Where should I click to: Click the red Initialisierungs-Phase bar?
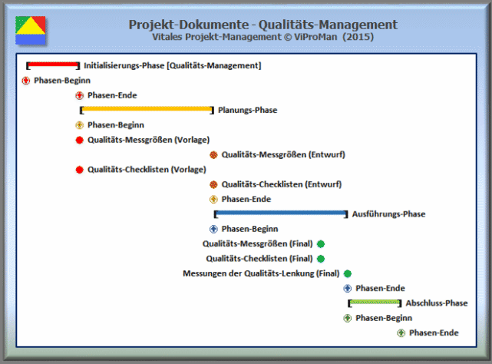pos(53,65)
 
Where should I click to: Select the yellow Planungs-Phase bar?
pos(147,110)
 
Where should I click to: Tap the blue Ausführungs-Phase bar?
pos(280,213)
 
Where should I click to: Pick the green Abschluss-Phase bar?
pos(374,303)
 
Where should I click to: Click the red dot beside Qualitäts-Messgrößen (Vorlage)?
pos(79,140)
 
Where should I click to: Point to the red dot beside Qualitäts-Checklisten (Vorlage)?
pos(79,169)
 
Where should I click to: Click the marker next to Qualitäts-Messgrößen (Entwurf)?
pos(213,154)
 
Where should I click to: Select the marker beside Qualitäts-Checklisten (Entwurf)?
pos(213,184)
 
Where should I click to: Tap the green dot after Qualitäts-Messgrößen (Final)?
pos(321,243)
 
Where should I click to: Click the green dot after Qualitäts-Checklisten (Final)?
pos(321,259)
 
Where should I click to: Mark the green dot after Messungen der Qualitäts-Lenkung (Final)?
pos(348,273)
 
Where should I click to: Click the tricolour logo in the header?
pos(30,29)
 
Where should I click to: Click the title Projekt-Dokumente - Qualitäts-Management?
pos(263,25)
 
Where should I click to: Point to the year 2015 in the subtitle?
pos(359,37)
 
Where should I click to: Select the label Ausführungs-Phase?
pos(388,214)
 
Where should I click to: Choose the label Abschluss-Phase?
pos(436,303)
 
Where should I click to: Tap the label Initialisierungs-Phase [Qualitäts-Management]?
pos(172,65)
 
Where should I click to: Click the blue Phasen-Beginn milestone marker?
pos(213,229)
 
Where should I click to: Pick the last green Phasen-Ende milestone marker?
pos(401,333)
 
